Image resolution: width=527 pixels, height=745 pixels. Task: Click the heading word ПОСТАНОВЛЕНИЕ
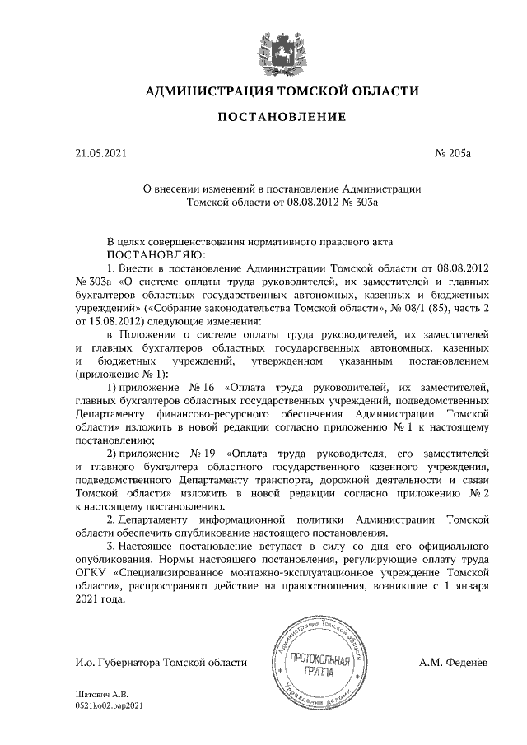pyautogui.click(x=281, y=117)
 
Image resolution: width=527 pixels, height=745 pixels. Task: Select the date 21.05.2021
pyautogui.click(x=100, y=153)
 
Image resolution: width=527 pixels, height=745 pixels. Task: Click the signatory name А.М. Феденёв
pyautogui.click(x=455, y=662)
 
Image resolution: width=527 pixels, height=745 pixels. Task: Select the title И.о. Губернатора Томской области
pyautogui.click(x=160, y=662)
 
